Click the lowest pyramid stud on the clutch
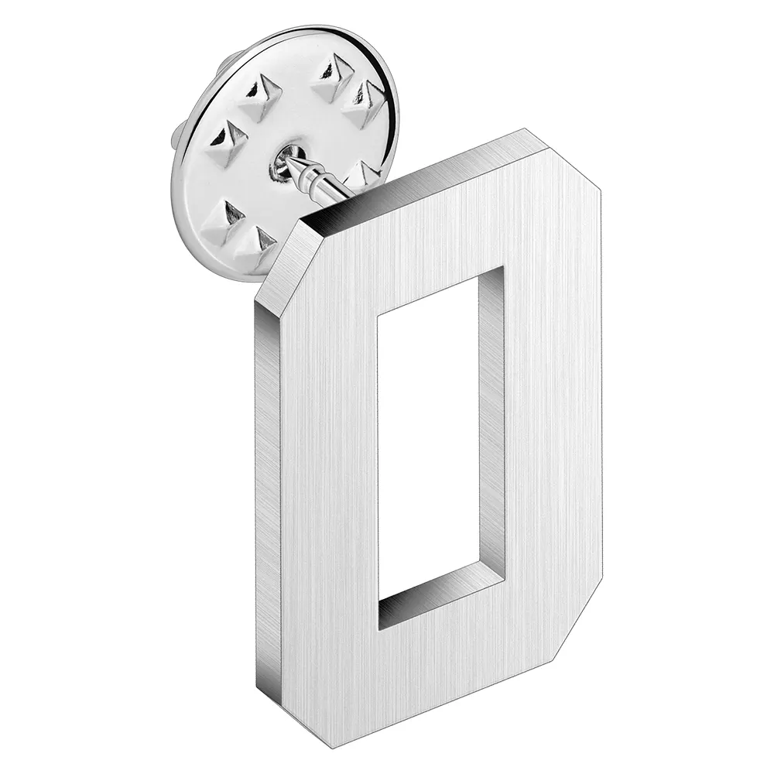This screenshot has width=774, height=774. [255, 244]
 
